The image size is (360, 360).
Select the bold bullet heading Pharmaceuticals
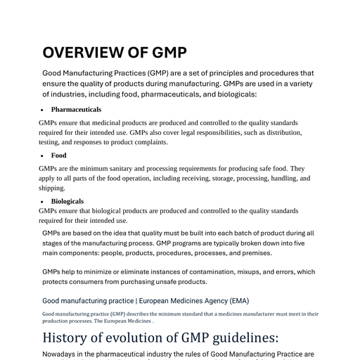(76, 110)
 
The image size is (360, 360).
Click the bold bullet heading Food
(58, 155)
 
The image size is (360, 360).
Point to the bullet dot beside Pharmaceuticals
(43, 110)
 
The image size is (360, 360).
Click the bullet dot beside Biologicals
(43, 202)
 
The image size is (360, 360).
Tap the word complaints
(150, 142)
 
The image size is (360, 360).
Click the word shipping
(52, 188)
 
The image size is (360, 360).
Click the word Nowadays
(63, 354)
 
